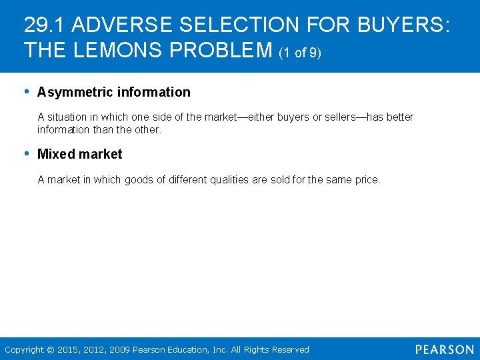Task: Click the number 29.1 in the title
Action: coord(45,25)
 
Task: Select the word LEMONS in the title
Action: coord(110,50)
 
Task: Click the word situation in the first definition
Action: coord(69,117)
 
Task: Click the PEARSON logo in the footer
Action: coord(445,349)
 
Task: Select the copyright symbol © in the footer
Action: coord(51,349)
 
